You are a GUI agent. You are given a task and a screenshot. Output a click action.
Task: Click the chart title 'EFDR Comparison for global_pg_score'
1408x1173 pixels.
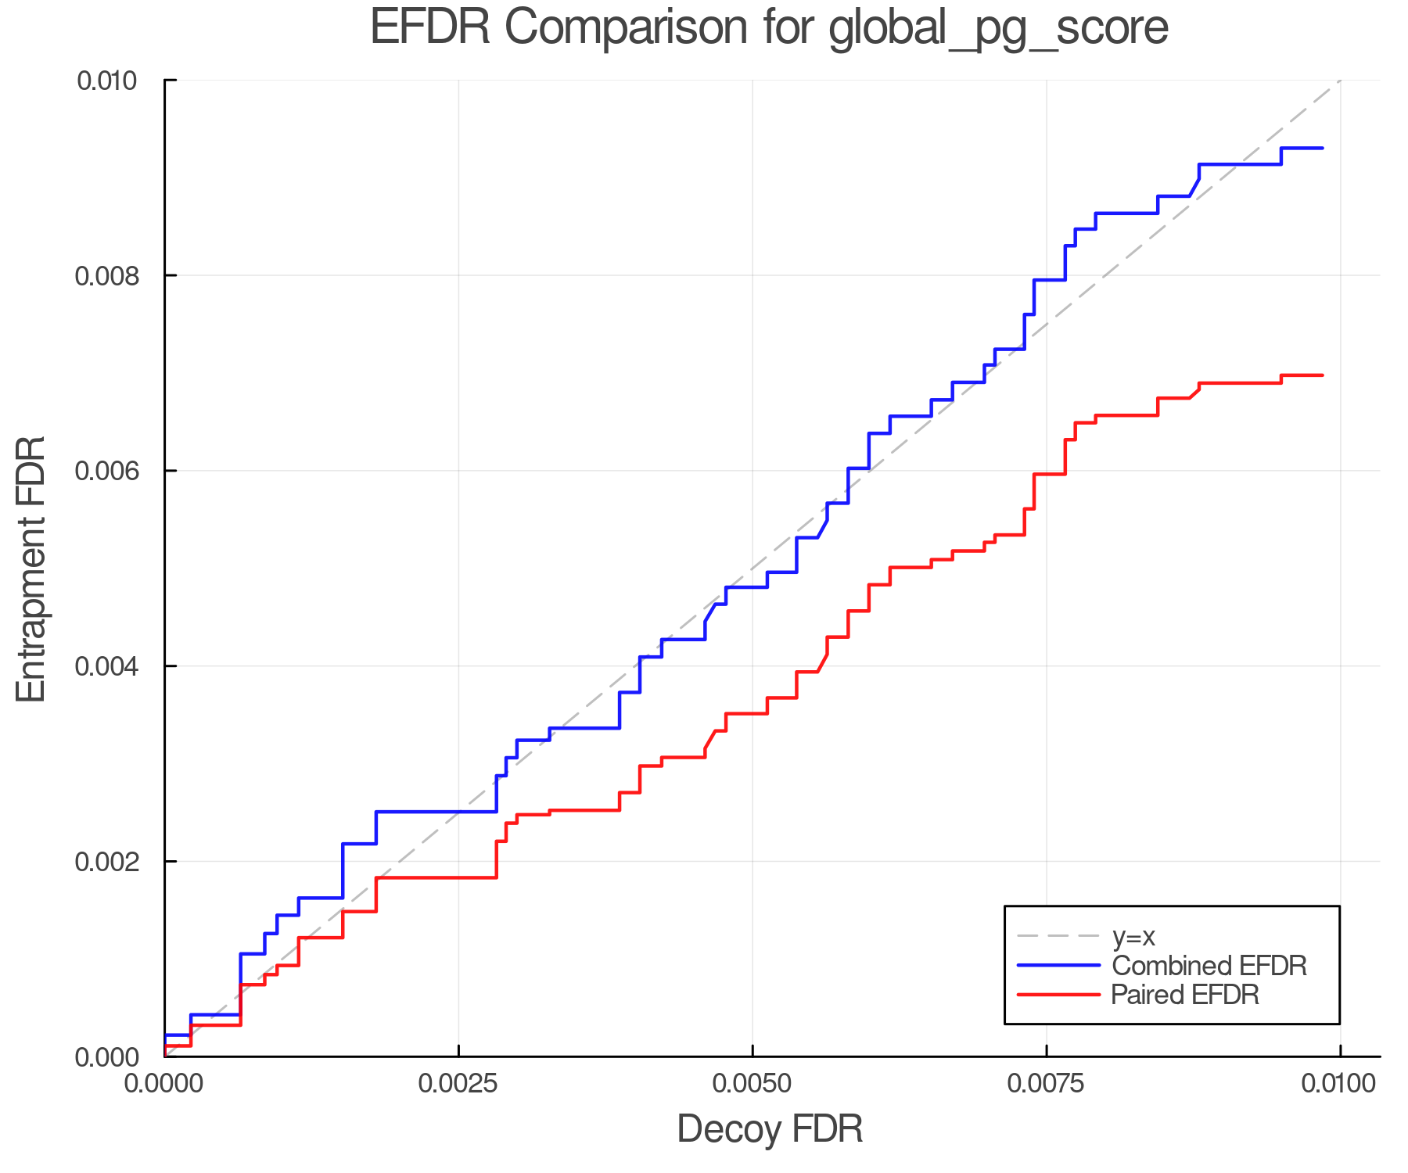click(x=769, y=27)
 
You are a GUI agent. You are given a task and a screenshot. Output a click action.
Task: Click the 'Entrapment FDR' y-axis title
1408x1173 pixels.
click(x=31, y=569)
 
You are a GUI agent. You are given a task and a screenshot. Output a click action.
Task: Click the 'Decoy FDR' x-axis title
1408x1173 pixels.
click(x=770, y=1129)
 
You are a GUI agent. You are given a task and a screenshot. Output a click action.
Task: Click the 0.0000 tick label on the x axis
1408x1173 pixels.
click(x=164, y=1083)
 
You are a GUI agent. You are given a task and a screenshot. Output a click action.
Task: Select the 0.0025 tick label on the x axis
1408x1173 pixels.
click(x=458, y=1083)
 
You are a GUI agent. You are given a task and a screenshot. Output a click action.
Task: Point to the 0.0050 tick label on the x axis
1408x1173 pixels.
click(x=752, y=1083)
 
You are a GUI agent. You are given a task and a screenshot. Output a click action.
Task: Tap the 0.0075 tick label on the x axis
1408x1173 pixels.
click(x=1047, y=1083)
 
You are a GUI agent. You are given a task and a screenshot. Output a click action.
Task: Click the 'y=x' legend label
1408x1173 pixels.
click(x=1133, y=936)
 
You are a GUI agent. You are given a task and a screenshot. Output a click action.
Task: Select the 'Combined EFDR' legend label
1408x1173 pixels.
click(x=1209, y=966)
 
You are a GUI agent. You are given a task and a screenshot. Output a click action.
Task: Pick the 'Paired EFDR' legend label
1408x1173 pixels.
click(x=1185, y=995)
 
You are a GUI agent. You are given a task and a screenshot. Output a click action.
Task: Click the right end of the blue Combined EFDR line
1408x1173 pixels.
click(x=1322, y=148)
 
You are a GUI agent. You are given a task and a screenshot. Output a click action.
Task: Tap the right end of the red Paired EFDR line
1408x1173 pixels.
click(x=1322, y=375)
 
